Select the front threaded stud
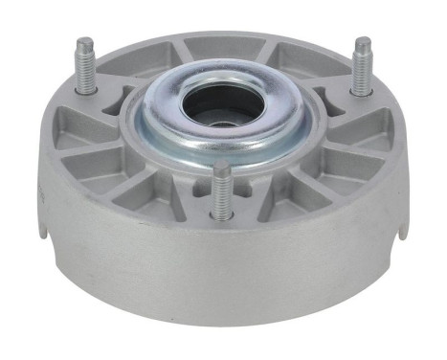221,191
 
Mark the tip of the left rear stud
85,43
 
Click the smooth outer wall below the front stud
221,278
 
